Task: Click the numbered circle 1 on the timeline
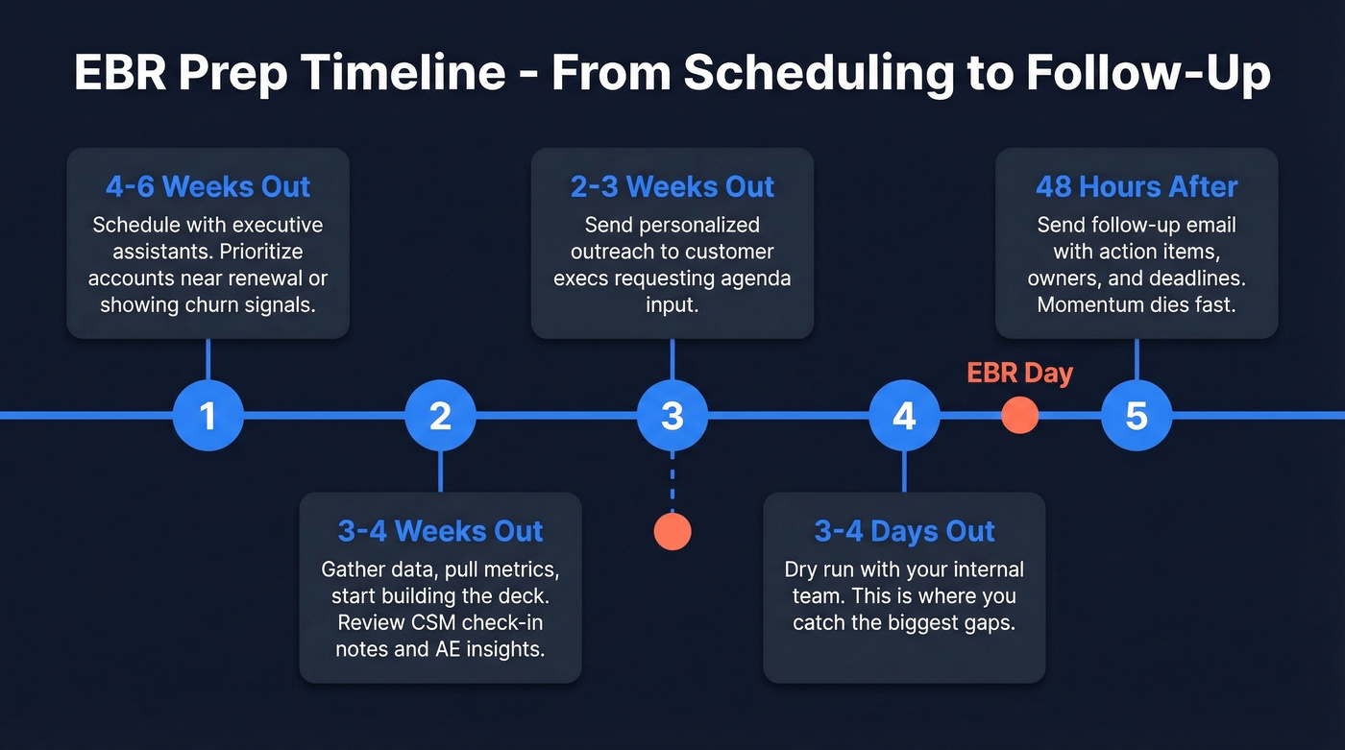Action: (208, 416)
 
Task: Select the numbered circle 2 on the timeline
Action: (440, 416)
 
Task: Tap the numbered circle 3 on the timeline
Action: (672, 416)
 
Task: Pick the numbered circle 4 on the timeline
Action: (904, 416)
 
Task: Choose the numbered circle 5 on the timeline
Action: (1137, 416)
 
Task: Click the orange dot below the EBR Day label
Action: (1019, 416)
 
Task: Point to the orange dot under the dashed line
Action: (672, 531)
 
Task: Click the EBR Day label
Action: (1019, 373)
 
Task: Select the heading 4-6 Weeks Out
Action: (208, 186)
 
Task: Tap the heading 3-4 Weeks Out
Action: (440, 531)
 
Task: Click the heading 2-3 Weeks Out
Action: (672, 186)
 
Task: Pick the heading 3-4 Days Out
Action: (904, 531)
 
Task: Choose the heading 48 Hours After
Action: (1137, 186)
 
